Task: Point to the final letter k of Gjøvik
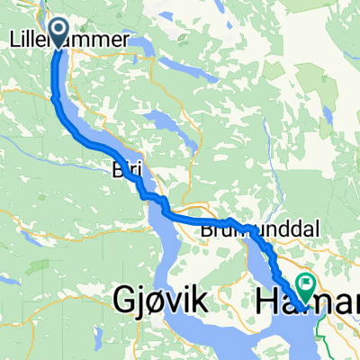[202, 298]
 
